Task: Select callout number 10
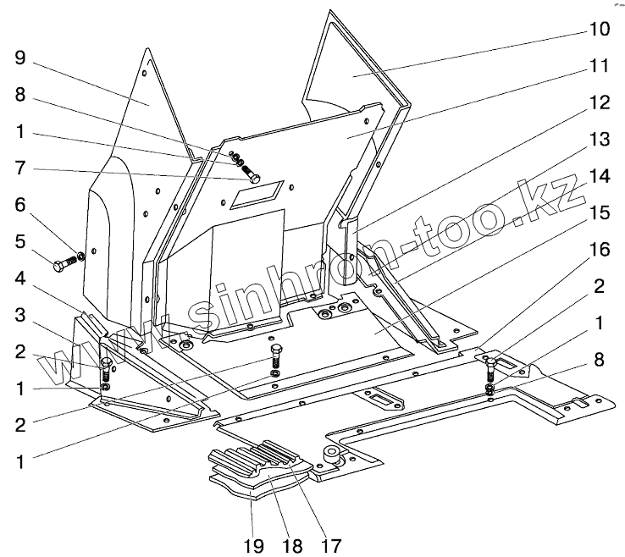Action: [x=599, y=30]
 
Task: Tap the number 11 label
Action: [x=599, y=64]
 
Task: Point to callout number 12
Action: [x=599, y=103]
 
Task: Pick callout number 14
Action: [x=599, y=177]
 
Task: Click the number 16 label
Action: [x=599, y=251]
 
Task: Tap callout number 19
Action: [x=257, y=542]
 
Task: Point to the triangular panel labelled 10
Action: [x=356, y=68]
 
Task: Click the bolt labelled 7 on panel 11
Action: [x=250, y=176]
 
